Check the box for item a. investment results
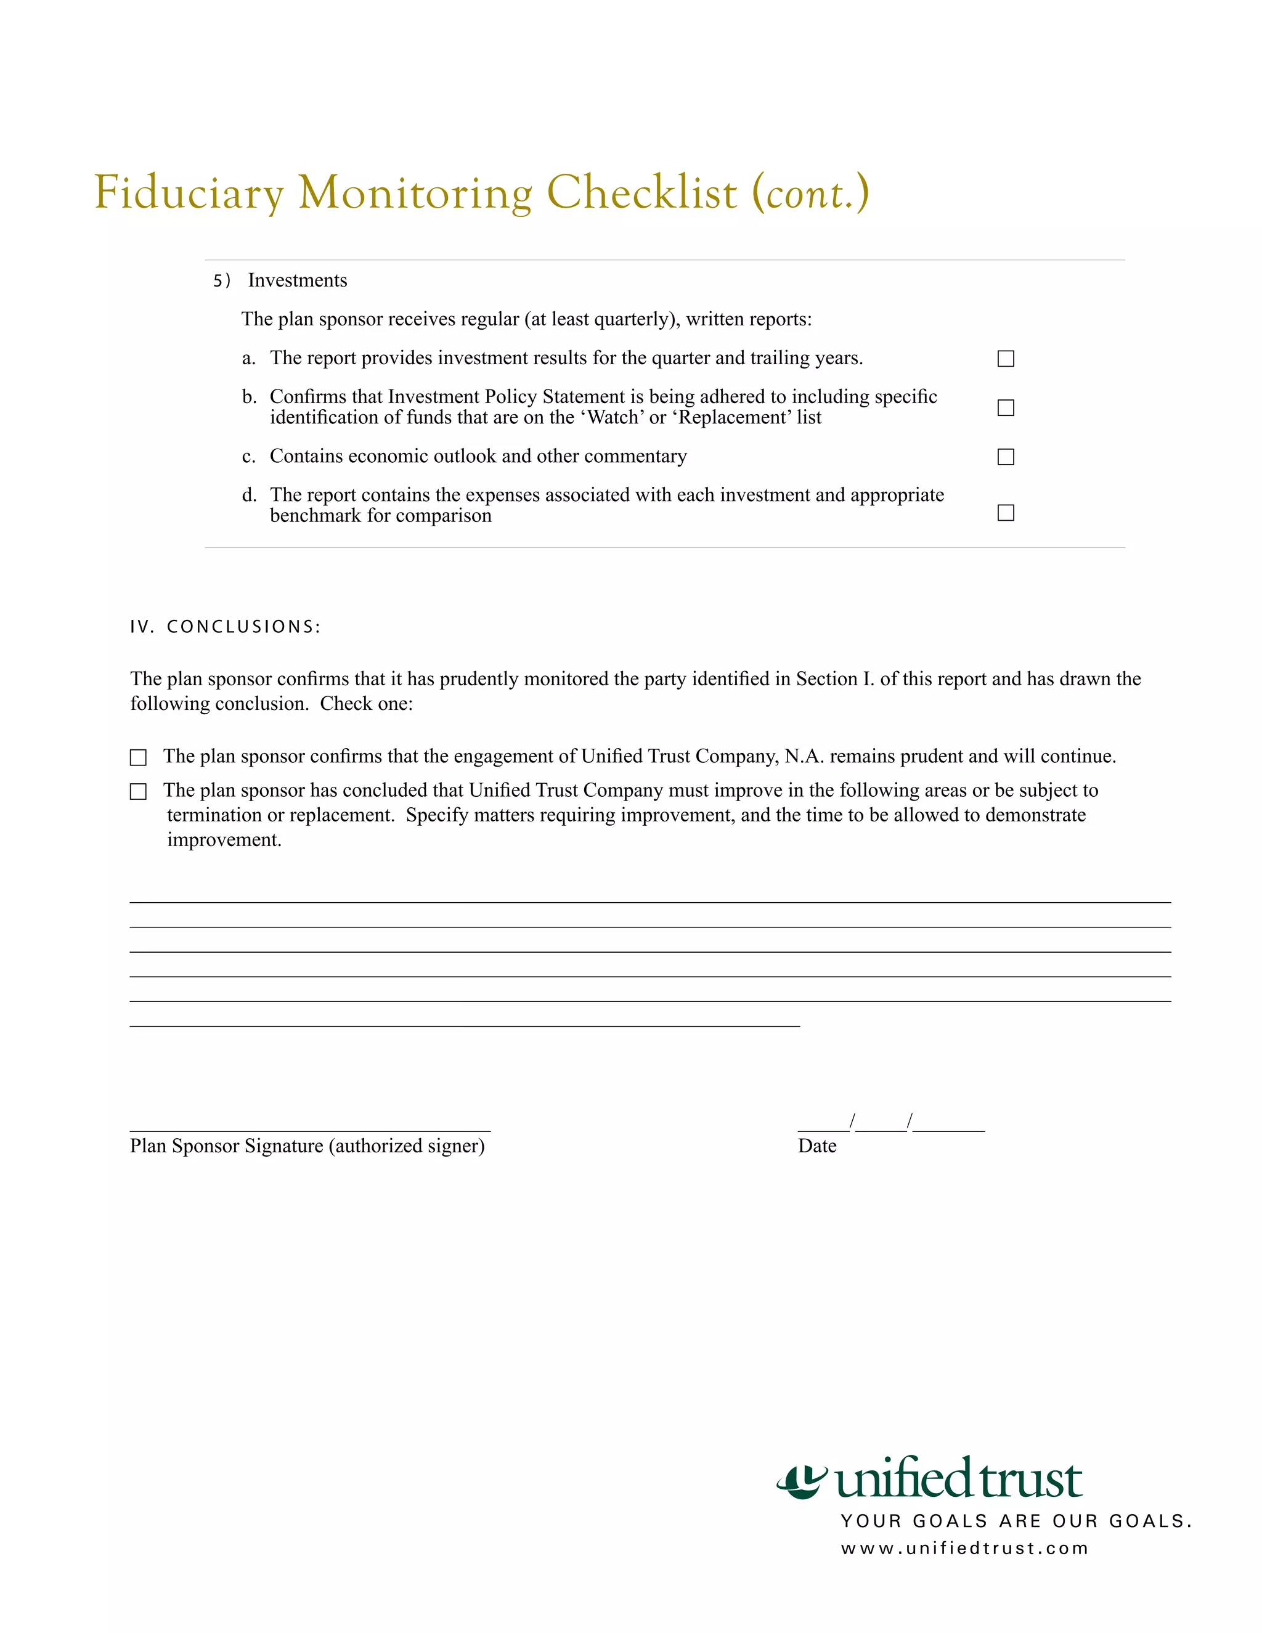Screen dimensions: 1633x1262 pos(1006,359)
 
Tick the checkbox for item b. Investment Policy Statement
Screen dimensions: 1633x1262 pos(1006,407)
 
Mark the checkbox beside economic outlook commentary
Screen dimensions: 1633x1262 pos(1006,457)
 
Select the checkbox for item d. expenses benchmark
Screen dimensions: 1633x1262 pos(1006,513)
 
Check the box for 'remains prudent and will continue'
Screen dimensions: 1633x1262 pos(138,757)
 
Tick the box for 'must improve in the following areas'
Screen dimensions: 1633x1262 pos(138,791)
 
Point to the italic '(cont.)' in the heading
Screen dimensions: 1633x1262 pos(810,193)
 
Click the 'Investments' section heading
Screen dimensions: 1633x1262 pos(298,280)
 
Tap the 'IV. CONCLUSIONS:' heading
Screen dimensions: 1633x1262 pos(225,627)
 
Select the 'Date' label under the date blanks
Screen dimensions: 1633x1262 pos(816,1146)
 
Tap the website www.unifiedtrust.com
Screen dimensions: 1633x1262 pos(964,1549)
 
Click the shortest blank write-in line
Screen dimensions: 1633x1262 pos(464,1026)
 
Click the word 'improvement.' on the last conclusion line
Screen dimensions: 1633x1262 pos(224,840)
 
